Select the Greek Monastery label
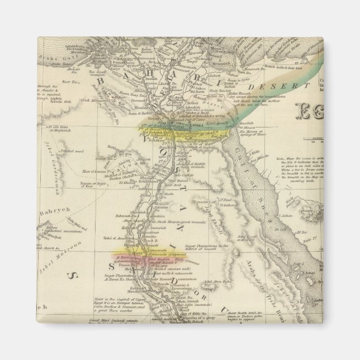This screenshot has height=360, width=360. point(82,101)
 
